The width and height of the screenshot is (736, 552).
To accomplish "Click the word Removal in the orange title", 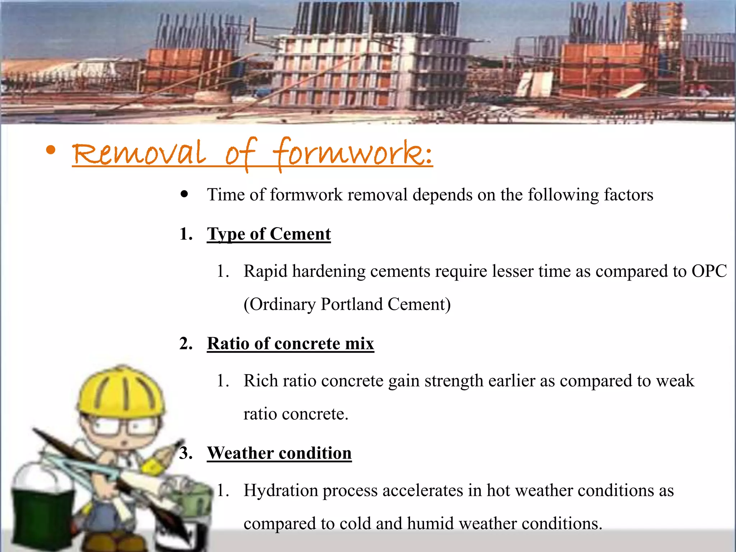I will click(139, 153).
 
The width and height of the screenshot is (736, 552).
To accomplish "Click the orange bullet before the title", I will click(51, 150).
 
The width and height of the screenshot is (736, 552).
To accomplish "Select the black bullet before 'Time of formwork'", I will click(184, 194).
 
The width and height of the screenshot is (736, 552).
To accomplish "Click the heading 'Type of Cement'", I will click(268, 234).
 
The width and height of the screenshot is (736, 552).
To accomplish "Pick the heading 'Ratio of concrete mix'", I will click(290, 344).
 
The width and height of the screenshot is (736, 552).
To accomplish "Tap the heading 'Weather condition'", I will click(279, 453).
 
